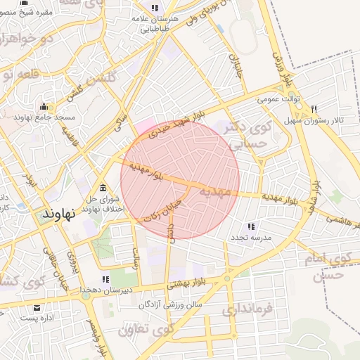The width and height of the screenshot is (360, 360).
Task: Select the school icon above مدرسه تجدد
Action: coord(250,226)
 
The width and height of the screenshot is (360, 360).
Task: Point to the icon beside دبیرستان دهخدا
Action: coord(106,279)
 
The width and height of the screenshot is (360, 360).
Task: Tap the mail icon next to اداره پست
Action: coord(37,307)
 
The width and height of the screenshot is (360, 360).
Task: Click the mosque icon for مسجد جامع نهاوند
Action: coord(45,107)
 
